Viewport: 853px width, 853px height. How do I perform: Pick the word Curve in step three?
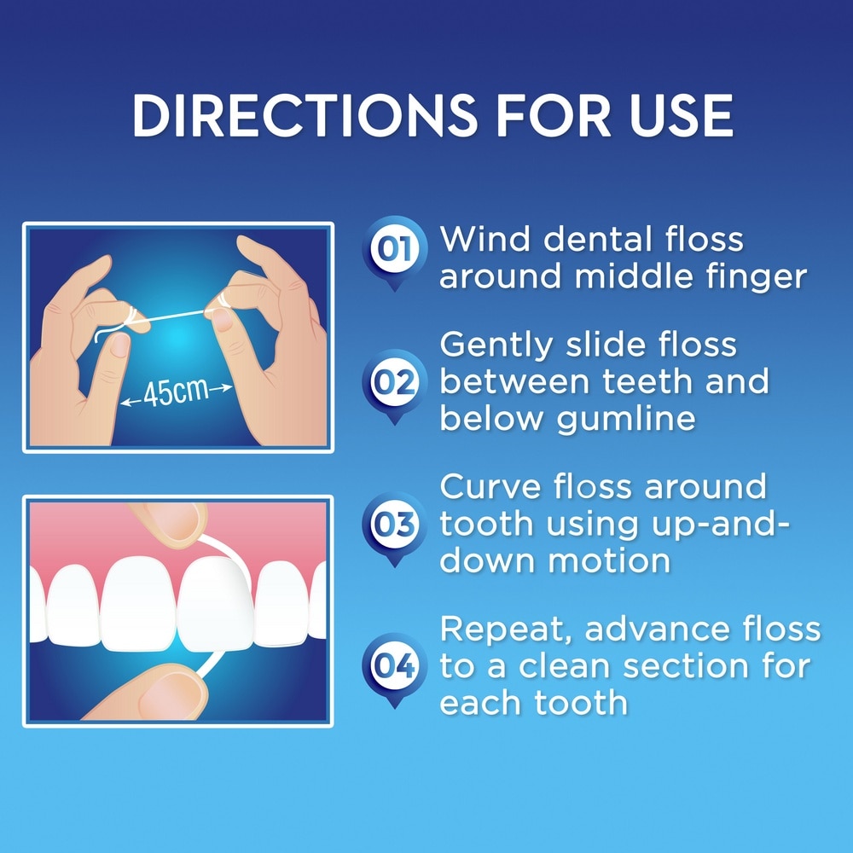(x=491, y=487)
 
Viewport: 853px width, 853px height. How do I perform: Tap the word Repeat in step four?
(x=504, y=630)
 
